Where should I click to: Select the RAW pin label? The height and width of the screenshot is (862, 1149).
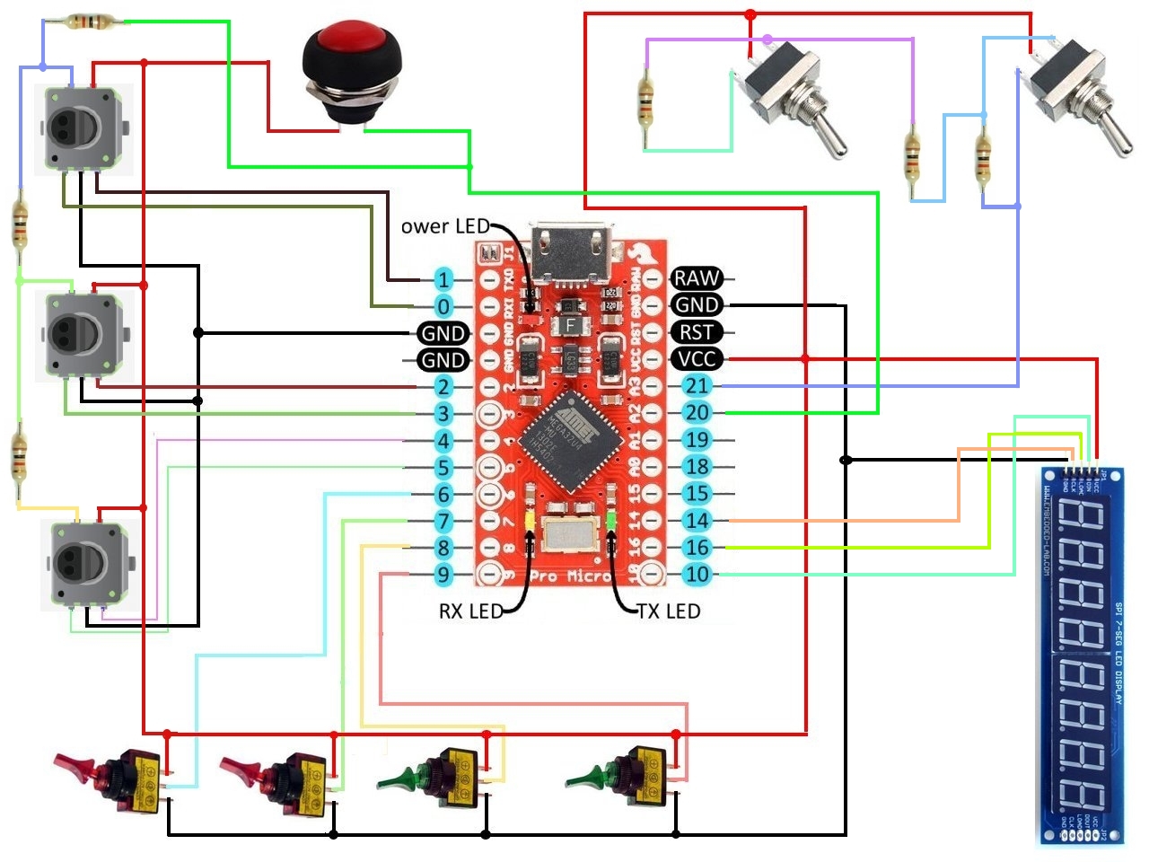(697, 278)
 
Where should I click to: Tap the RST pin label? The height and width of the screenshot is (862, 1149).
(697, 332)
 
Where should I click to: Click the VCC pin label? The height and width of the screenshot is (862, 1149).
(697, 359)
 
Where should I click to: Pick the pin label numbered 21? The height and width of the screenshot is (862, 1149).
(697, 386)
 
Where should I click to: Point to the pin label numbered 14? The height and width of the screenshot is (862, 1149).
(697, 521)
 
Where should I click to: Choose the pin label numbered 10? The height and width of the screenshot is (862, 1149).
(697, 575)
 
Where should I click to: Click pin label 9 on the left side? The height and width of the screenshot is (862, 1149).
(443, 575)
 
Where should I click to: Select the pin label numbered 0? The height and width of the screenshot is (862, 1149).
(443, 306)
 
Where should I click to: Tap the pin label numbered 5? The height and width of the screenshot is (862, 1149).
(443, 467)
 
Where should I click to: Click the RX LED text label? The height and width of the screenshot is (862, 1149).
(470, 611)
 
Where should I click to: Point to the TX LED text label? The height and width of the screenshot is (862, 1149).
(669, 611)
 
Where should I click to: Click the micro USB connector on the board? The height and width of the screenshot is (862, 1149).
(571, 247)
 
